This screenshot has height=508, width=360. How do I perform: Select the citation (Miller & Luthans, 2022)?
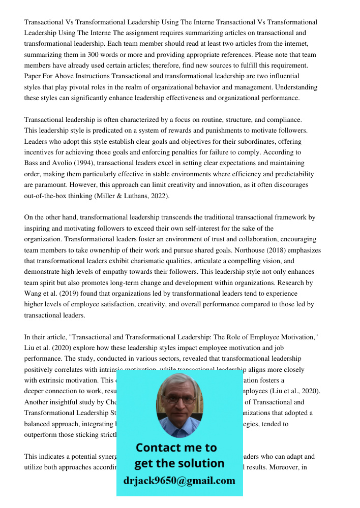coord(130,196)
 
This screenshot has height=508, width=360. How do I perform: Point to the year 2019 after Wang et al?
coord(66,294)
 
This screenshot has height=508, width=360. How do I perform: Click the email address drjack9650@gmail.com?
coord(179,481)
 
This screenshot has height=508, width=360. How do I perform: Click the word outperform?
coord(42,434)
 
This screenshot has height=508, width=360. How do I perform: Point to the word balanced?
coord(39,424)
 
